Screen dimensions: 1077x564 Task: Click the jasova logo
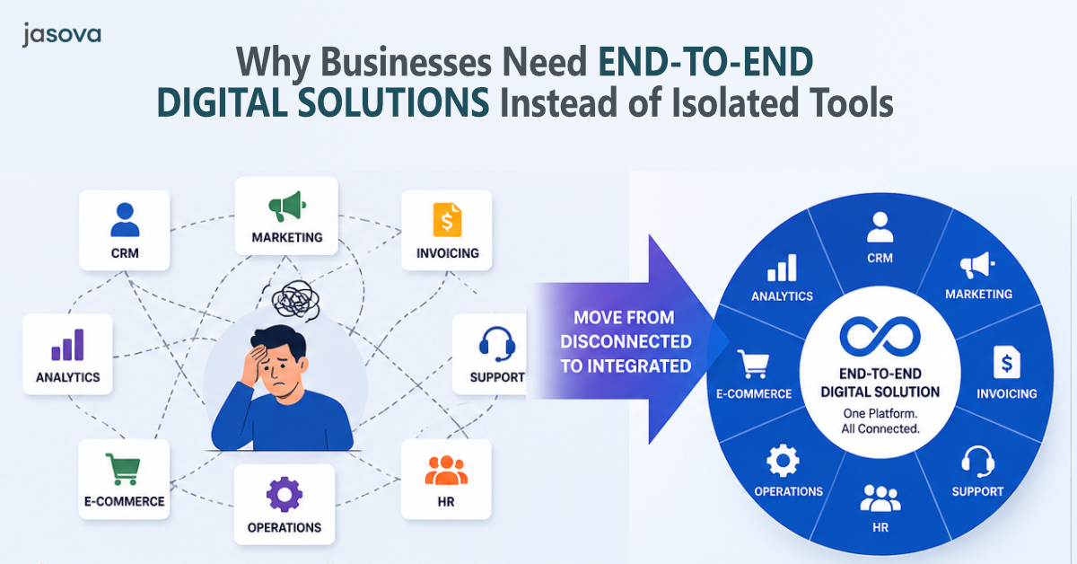coord(61,35)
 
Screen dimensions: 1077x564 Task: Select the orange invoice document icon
coord(447,219)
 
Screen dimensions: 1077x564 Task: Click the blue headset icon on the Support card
coord(496,344)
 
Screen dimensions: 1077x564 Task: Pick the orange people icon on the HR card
coord(446,469)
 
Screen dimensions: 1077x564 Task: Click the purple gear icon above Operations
coord(285,495)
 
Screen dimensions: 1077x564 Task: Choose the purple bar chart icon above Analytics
coord(67,344)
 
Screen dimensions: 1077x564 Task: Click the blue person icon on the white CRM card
coord(125,219)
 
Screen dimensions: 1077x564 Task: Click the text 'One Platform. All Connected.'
coord(880,420)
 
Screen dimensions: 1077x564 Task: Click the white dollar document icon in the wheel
coord(1006,364)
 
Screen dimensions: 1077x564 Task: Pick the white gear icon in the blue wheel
coord(783,462)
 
